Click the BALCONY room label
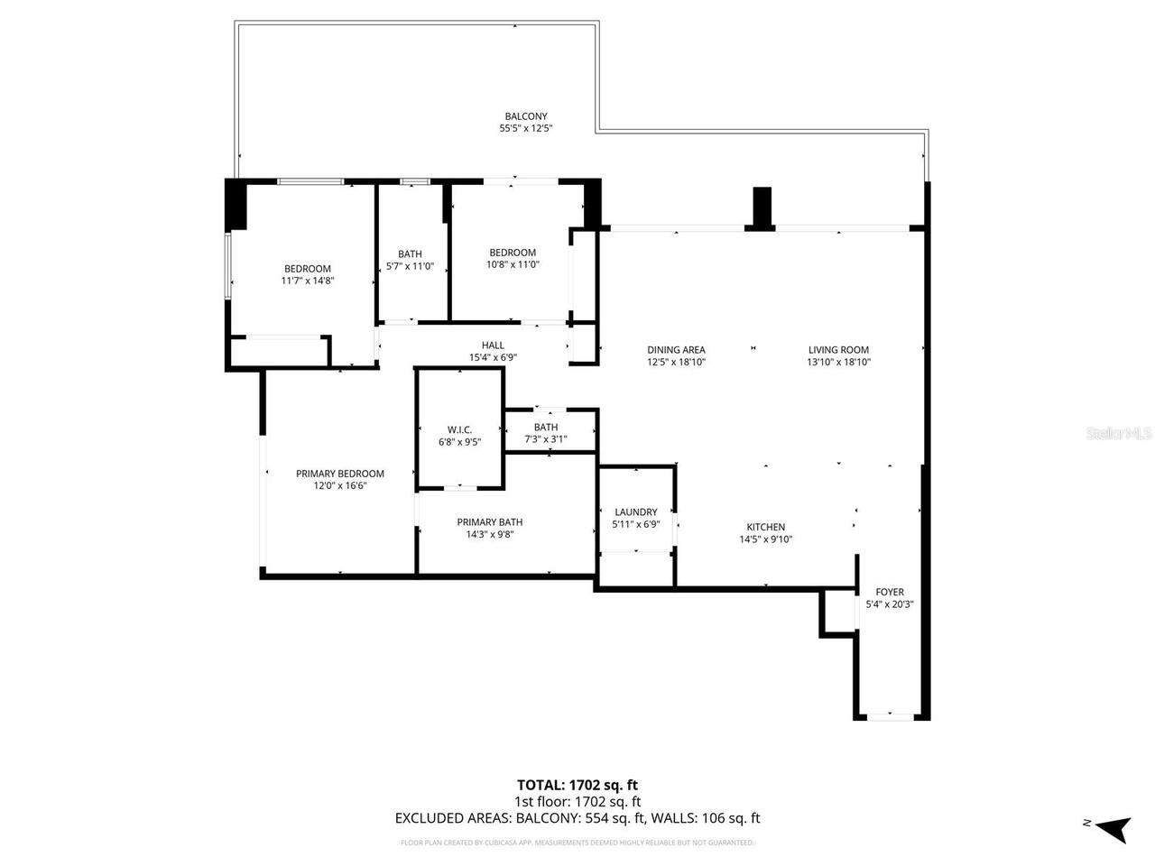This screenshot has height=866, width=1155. coord(525,116)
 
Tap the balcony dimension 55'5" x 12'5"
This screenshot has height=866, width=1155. coord(525,129)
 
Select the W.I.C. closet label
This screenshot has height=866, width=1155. coord(459,429)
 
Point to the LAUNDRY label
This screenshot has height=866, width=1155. coord(636,512)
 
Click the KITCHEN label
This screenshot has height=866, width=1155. coord(765,528)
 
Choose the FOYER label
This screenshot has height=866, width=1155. coord(890,593)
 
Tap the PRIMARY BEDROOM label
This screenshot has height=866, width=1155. coord(340,474)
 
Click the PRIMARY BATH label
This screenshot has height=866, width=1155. coord(489,522)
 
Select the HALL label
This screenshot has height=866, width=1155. coord(493,345)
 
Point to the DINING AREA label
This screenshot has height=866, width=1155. coord(676,350)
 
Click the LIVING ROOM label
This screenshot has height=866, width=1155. coord(838,350)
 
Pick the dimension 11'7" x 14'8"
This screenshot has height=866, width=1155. coord(308,281)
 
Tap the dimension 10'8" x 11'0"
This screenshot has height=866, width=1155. coord(513,264)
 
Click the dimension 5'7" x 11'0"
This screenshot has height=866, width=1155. coord(410,266)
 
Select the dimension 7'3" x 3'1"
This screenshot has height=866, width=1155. coord(546,439)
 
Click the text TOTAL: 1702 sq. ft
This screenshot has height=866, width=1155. coord(577,785)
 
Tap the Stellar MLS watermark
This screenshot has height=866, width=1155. coord(1119,434)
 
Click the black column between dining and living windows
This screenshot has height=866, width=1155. coord(762,208)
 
